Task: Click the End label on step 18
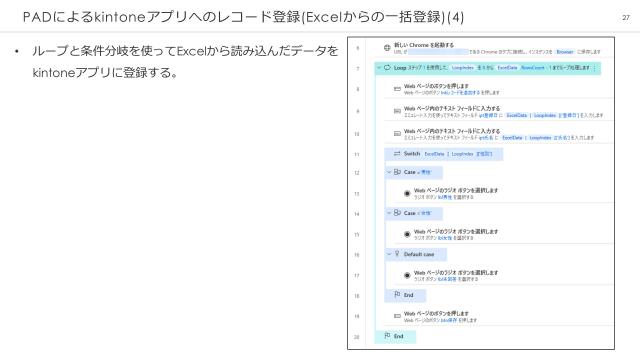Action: point(406,295)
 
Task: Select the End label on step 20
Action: point(397,337)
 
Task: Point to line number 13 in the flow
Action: point(356,192)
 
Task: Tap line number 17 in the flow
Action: point(356,275)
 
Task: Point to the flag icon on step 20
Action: point(386,337)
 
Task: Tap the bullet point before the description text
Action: point(17,51)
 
